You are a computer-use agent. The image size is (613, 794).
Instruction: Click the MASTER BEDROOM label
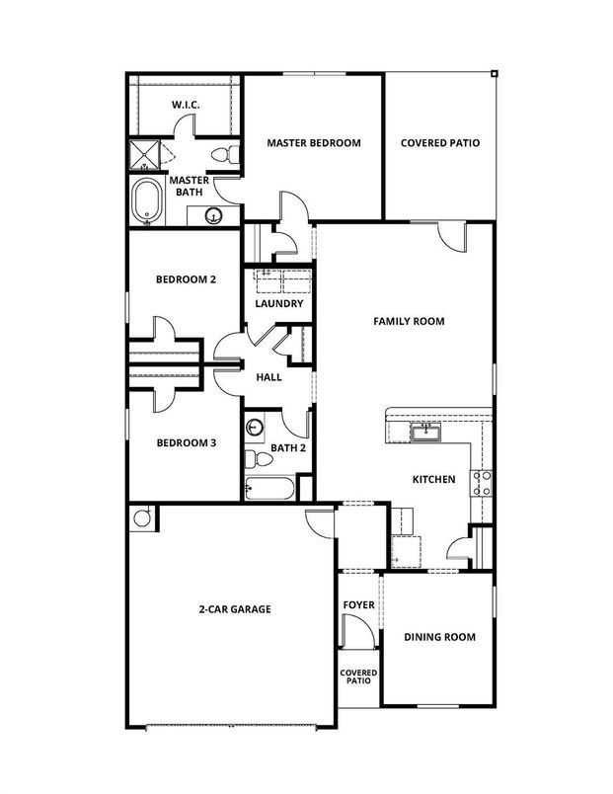[313, 143]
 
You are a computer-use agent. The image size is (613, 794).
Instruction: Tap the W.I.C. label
[188, 105]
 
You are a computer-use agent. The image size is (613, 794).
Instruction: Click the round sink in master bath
[212, 216]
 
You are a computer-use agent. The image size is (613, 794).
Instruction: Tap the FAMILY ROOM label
[408, 321]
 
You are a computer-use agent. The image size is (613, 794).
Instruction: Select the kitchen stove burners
[483, 483]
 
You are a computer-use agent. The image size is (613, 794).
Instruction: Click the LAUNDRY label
[278, 303]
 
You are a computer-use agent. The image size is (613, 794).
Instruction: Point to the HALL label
[269, 377]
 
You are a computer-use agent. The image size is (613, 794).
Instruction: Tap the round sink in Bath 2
[256, 428]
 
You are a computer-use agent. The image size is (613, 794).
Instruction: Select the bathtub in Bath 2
[268, 488]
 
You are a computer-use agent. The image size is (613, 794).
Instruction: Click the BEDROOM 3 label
[186, 443]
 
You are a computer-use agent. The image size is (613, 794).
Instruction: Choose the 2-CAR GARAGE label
[235, 609]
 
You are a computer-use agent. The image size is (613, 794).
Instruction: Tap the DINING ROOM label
[439, 637]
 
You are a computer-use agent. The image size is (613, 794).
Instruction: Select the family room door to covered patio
[452, 235]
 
